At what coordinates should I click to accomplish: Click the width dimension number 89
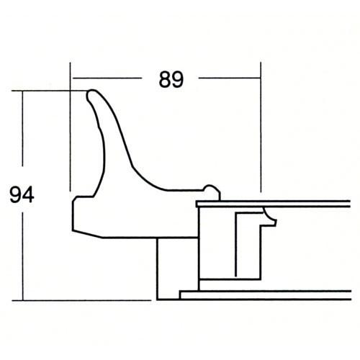171,79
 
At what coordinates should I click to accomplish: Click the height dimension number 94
22,194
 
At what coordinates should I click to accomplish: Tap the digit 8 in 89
165,79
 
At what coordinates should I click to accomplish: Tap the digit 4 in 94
28,194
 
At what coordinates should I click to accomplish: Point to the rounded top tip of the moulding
91,94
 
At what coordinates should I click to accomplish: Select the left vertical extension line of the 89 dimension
71,127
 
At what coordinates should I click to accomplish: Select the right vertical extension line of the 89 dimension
261,127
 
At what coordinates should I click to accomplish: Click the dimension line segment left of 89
107,78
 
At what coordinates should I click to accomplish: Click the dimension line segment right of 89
230,78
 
